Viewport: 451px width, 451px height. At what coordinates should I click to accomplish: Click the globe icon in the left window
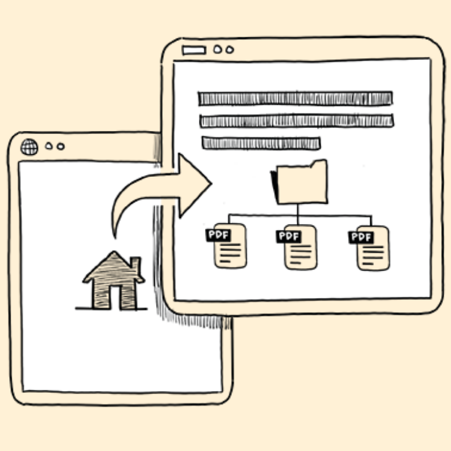[29, 147]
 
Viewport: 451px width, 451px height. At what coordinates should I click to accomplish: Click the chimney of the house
[135, 265]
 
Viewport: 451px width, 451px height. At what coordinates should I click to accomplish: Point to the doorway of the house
[114, 296]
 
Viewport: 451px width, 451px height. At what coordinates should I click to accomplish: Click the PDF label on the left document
[217, 234]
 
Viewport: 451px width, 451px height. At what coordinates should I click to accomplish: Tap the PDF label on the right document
[361, 236]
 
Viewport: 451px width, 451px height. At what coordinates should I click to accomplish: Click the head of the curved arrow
[195, 183]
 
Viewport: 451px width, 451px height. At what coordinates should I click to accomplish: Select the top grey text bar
[295, 99]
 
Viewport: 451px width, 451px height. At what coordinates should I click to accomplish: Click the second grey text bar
[296, 121]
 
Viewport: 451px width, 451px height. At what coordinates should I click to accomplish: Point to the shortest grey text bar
[261, 143]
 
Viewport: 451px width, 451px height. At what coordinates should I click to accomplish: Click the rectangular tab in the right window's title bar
[194, 50]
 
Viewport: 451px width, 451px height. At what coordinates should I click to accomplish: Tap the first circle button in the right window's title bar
[218, 49]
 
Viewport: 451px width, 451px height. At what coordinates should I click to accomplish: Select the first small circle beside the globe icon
[49, 147]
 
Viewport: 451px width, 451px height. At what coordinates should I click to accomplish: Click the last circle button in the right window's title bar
[229, 50]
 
